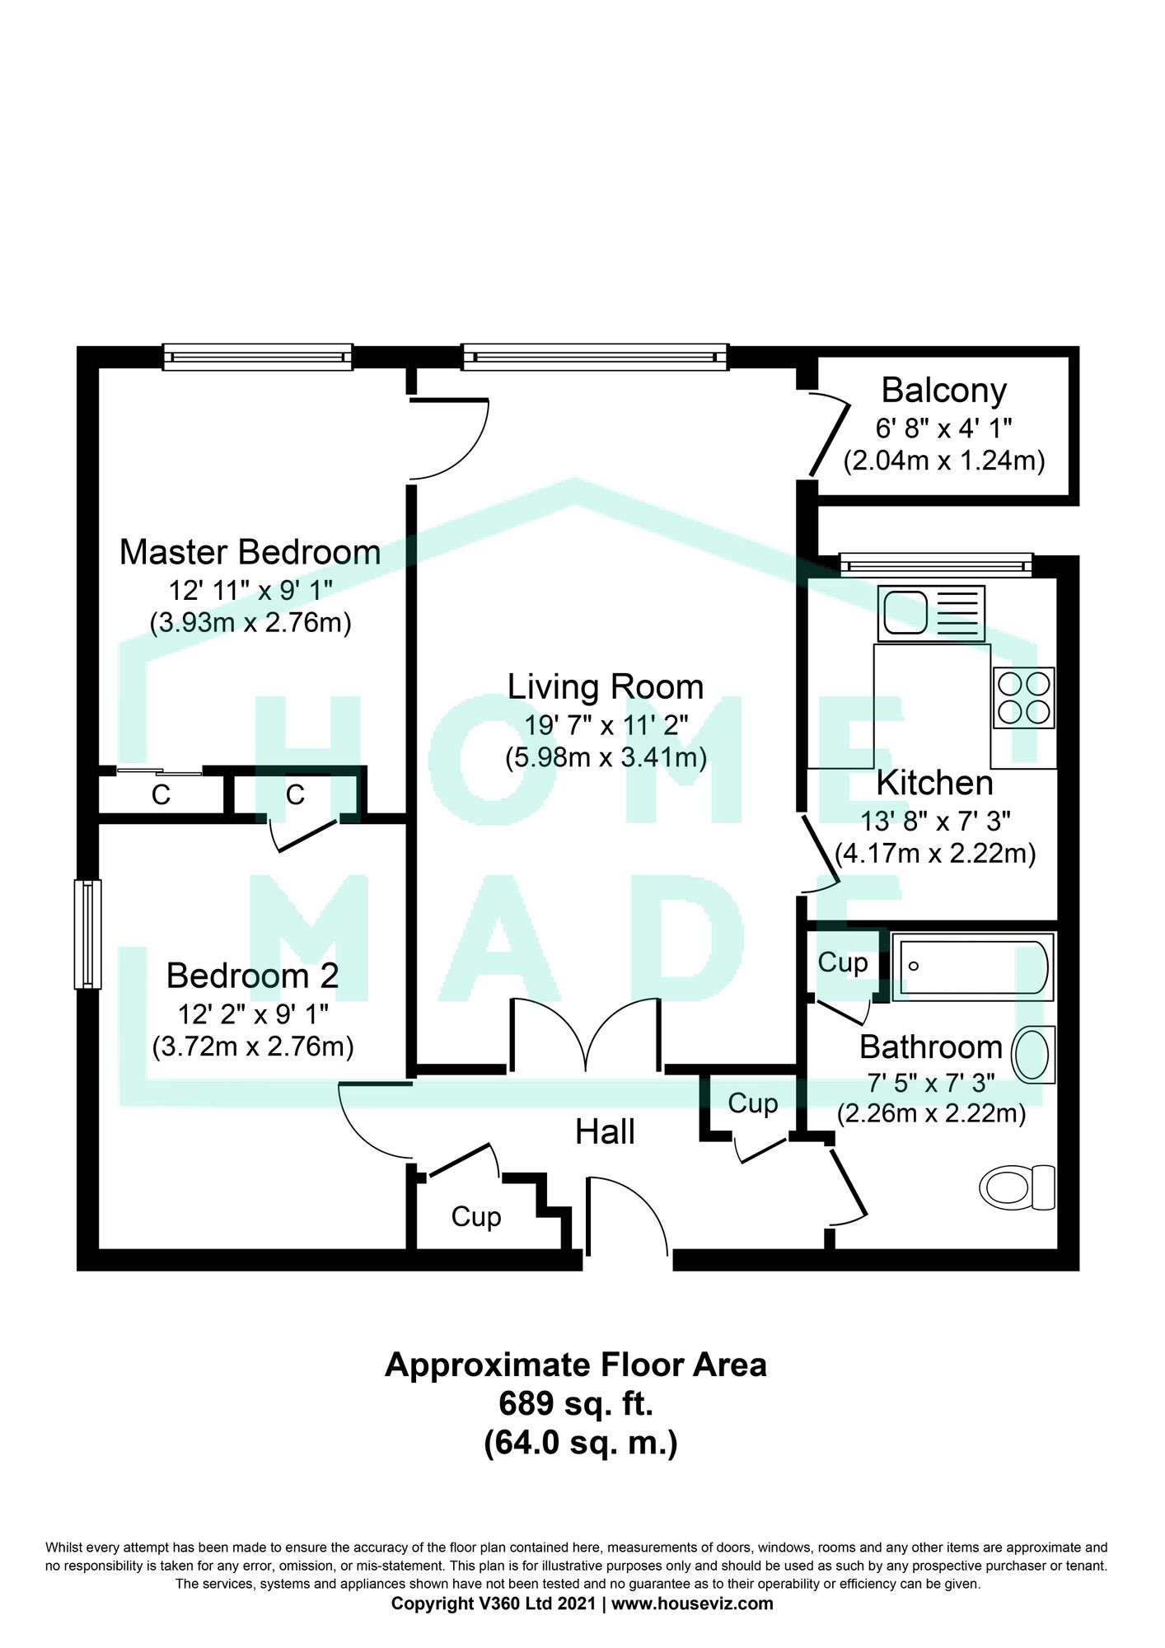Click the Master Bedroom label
tap(250, 552)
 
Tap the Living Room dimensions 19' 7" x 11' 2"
tap(606, 725)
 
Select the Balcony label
tap(944, 391)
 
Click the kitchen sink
tap(931, 613)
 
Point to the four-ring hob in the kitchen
tap(1024, 697)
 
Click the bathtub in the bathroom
tap(972, 966)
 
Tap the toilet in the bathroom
tap(1017, 1187)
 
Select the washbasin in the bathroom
tap(1033, 1054)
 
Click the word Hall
tap(605, 1132)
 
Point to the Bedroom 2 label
tap(252, 976)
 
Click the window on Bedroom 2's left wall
tap(87, 934)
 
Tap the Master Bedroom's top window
tap(257, 357)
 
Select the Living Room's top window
tap(595, 357)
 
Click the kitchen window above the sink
tap(936, 565)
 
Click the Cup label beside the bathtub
tap(843, 963)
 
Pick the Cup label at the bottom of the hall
tap(476, 1217)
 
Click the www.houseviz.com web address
tap(692, 1604)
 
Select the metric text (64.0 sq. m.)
tap(580, 1443)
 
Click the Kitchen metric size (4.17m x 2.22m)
tap(935, 853)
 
